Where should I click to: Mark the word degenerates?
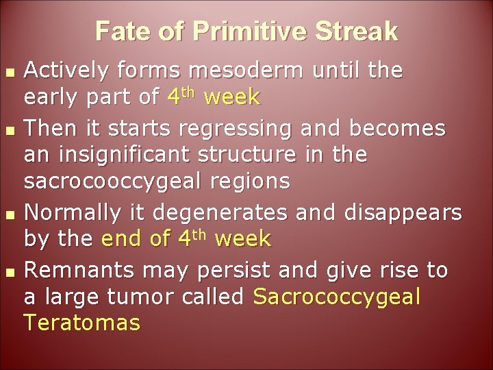(x=226, y=212)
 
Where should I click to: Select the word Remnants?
(x=76, y=271)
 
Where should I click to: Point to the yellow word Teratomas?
(x=81, y=323)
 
